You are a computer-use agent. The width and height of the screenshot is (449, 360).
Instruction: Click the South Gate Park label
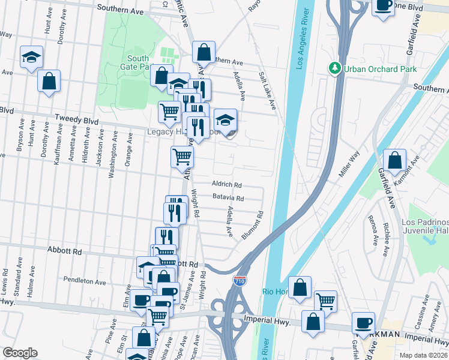(138, 63)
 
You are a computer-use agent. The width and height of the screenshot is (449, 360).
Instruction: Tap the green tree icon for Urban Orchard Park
(335, 68)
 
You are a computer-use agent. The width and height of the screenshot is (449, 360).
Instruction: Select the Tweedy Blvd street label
(76, 120)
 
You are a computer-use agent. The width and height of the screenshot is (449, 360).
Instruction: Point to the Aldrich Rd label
(226, 185)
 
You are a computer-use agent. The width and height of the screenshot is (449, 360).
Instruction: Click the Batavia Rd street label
(228, 198)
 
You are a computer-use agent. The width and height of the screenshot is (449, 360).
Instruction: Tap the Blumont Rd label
(253, 226)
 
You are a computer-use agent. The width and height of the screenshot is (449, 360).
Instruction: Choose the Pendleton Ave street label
(85, 281)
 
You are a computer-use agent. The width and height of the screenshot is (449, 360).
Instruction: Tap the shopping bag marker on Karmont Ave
(394, 161)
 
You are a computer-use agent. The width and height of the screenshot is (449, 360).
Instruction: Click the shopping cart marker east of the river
(325, 301)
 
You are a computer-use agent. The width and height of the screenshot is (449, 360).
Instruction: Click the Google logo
(20, 353)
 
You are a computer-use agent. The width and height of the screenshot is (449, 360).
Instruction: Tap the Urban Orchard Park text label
(380, 69)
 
